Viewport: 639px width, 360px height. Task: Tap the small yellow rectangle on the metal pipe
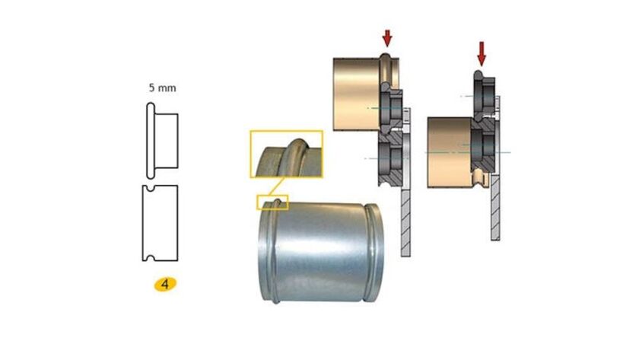[x=272, y=202]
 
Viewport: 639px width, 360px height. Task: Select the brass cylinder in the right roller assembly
[x=449, y=153]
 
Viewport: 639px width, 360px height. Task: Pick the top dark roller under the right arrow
[x=482, y=91]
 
